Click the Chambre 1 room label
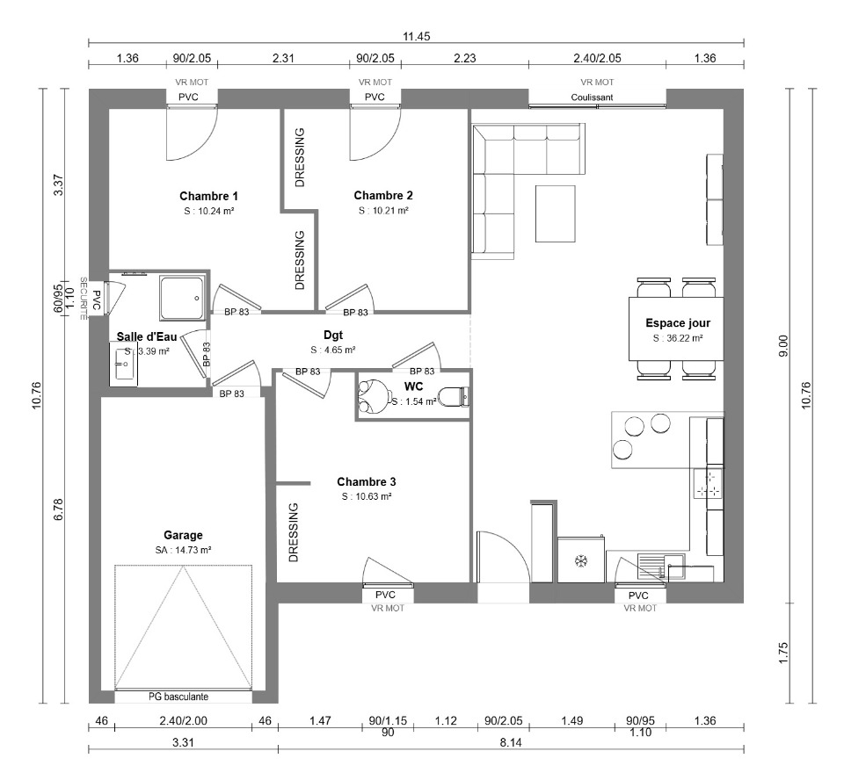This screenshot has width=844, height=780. click(208, 196)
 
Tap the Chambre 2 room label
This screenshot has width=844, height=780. click(383, 195)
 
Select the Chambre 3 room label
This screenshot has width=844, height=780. click(367, 481)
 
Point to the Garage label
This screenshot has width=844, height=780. click(183, 535)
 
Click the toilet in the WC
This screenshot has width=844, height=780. click(454, 397)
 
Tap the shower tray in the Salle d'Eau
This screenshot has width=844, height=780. click(182, 299)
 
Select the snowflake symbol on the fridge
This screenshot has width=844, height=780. click(581, 561)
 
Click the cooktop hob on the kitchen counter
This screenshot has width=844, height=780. click(708, 483)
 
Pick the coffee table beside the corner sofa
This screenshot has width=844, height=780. click(555, 213)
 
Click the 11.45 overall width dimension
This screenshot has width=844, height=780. click(417, 37)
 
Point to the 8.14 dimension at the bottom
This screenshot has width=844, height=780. click(511, 743)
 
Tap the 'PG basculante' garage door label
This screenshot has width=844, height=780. click(178, 697)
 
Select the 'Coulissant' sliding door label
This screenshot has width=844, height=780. click(592, 97)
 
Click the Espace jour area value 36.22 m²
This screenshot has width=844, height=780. click(678, 338)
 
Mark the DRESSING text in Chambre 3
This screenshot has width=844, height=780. click(294, 532)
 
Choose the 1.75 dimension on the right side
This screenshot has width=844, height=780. click(783, 653)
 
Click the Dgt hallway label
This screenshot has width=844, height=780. click(333, 336)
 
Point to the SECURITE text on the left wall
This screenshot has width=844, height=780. click(84, 299)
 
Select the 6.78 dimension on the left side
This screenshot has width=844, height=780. click(59, 509)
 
